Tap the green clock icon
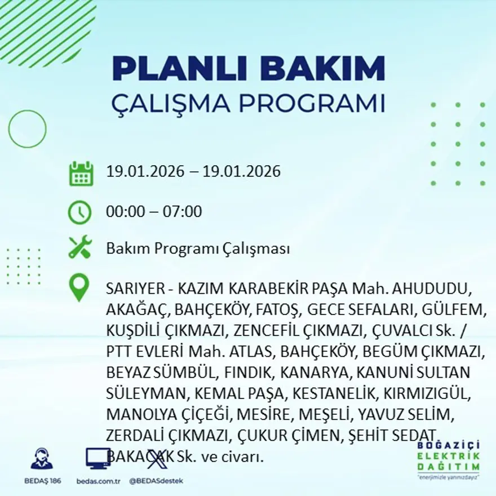coord(79,212)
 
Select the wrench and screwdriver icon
coord(80,247)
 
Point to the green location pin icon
coord(79,287)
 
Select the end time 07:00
coord(183,212)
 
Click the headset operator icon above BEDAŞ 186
coord(42,458)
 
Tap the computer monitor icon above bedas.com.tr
coord(98,458)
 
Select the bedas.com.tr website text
coord(98,481)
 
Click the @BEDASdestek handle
coord(156,481)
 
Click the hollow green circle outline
coord(27,129)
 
